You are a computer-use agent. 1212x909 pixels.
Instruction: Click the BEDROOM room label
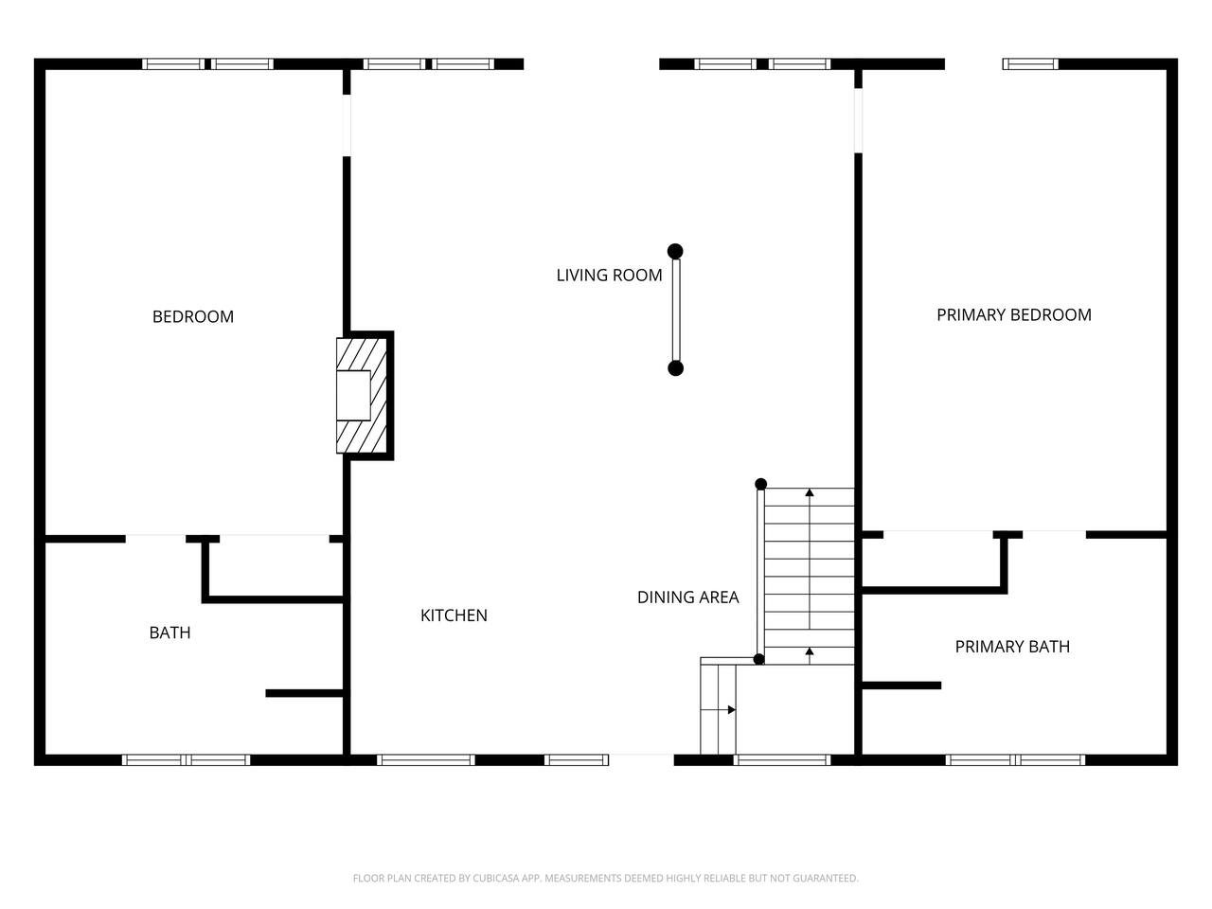193,317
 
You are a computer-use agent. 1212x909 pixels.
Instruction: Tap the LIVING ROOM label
609,275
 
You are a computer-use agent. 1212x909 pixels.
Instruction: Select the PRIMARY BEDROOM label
1014,315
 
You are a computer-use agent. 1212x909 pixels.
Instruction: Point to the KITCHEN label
454,615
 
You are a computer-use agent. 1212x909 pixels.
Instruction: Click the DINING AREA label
688,597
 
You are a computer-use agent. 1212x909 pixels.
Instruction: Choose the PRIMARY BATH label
1012,647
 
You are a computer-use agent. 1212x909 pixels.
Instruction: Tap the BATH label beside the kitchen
170,633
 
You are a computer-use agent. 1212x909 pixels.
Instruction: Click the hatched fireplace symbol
362,395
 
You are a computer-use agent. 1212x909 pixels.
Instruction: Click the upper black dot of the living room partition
675,252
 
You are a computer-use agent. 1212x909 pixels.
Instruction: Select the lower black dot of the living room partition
675,368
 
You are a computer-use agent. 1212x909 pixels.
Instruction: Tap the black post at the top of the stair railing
760,484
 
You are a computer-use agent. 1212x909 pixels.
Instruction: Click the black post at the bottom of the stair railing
758,659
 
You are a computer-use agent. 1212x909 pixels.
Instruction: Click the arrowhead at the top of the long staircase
810,492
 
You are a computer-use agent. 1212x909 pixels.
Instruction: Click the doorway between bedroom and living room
347,125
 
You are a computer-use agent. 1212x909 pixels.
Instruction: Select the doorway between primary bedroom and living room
858,119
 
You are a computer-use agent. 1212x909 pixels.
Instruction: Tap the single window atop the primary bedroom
1030,64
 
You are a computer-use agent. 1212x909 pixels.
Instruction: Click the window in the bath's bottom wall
187,760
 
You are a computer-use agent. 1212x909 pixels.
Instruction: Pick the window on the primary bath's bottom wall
1015,760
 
